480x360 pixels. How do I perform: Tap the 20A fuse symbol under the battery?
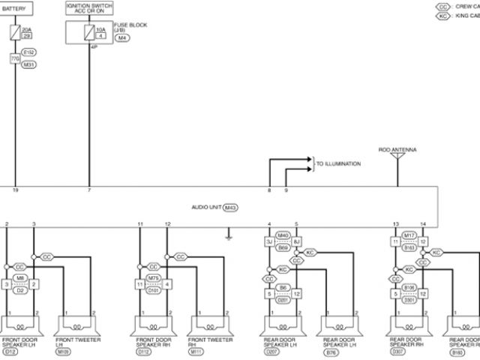[15, 32]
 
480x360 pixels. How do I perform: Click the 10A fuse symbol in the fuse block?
[89, 32]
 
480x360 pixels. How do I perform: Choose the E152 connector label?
[28, 52]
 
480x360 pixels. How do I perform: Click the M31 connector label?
[28, 64]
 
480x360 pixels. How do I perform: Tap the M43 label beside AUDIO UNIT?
[230, 207]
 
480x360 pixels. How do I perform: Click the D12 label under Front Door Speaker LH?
[10, 351]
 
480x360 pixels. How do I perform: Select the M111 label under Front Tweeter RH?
[196, 351]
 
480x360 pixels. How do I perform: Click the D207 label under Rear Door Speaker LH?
[272, 351]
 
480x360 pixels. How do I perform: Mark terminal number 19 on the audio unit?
[15, 191]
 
